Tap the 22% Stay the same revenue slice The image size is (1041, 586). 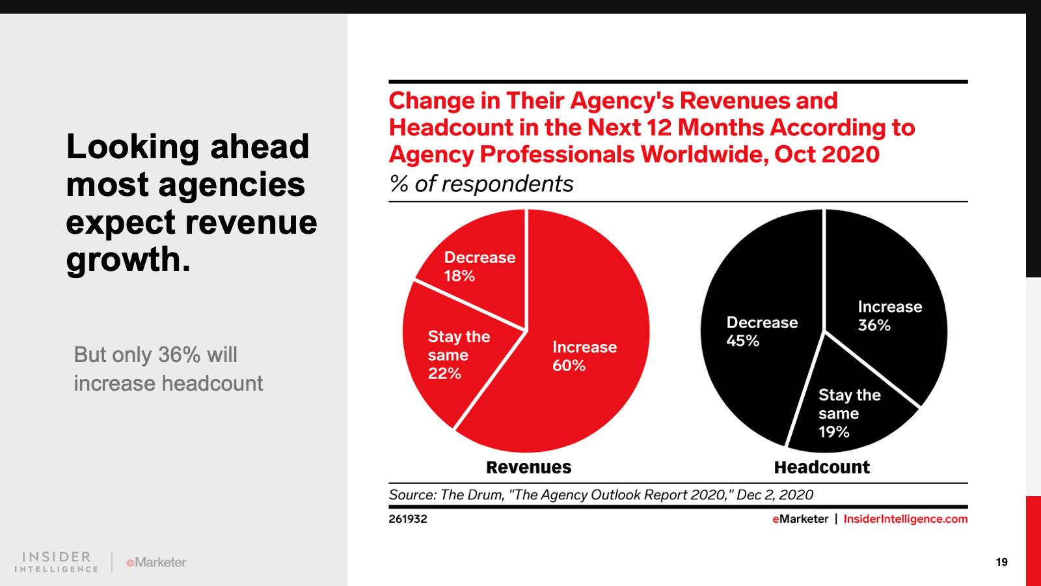pos(455,355)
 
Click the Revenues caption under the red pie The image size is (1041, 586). pos(528,467)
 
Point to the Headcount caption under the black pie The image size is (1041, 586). pos(822,467)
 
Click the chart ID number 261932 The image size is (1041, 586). pos(408,519)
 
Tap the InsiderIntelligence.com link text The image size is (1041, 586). pos(905,519)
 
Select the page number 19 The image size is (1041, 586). pos(1001,562)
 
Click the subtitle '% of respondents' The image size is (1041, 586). pos(481,184)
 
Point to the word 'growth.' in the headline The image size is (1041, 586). pos(128,260)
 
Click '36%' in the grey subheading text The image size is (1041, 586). pos(179,355)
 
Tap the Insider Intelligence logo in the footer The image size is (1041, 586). pos(57,562)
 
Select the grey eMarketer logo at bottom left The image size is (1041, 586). pos(156,562)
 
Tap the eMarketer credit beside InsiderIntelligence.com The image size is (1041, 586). pos(800,519)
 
